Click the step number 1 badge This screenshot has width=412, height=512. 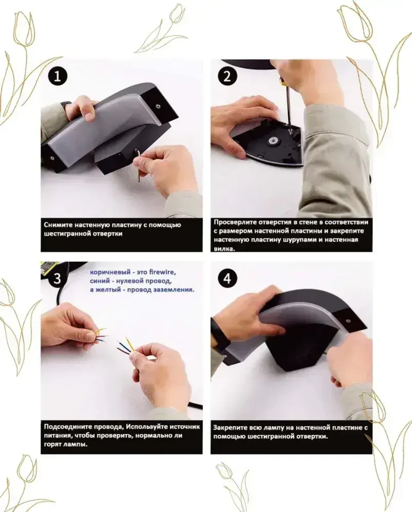click(58, 77)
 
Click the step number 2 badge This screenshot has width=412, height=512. click(227, 77)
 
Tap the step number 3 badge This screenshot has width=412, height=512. click(57, 278)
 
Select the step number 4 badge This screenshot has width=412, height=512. click(227, 278)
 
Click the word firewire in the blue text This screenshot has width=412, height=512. click(162, 272)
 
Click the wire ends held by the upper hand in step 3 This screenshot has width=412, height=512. click(101, 334)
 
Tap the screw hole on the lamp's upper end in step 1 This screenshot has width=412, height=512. click(157, 106)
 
